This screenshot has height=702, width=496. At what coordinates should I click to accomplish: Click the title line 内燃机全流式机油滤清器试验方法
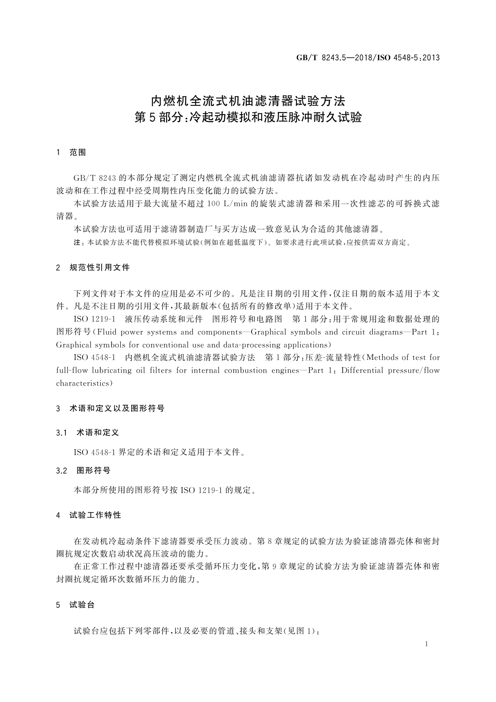(248, 101)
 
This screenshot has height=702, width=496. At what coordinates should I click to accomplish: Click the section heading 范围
(77, 153)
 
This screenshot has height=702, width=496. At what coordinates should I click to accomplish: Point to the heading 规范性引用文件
(100, 268)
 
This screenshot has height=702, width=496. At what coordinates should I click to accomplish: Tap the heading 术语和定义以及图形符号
(117, 409)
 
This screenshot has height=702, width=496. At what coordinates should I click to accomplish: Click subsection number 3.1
(62, 433)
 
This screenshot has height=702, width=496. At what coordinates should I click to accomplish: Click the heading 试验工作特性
(95, 515)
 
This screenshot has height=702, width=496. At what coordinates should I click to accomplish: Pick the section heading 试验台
(82, 605)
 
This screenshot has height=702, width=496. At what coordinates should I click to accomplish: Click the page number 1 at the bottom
(426, 644)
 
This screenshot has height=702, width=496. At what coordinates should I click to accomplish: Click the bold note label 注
(77, 243)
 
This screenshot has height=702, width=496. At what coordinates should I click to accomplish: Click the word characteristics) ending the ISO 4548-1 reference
(85, 383)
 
